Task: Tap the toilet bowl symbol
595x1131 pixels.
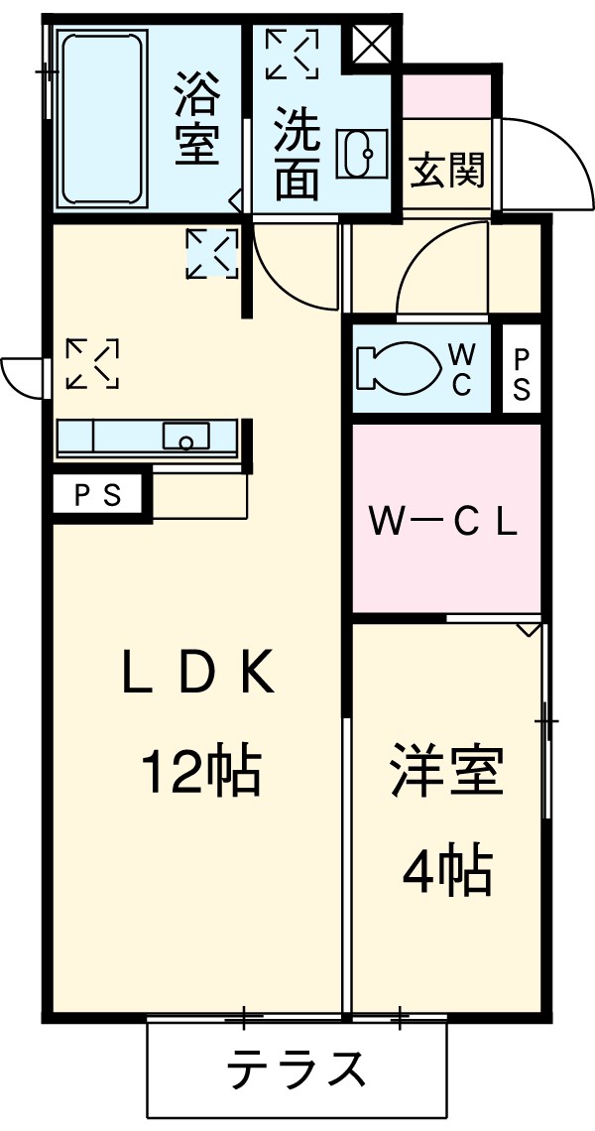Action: pyautogui.click(x=395, y=367)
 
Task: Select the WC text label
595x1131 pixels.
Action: pyautogui.click(x=462, y=369)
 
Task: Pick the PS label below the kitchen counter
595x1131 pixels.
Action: pyautogui.click(x=98, y=496)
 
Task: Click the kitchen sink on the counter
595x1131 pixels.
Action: pyautogui.click(x=185, y=436)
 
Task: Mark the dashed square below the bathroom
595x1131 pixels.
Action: pyautogui.click(x=212, y=253)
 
